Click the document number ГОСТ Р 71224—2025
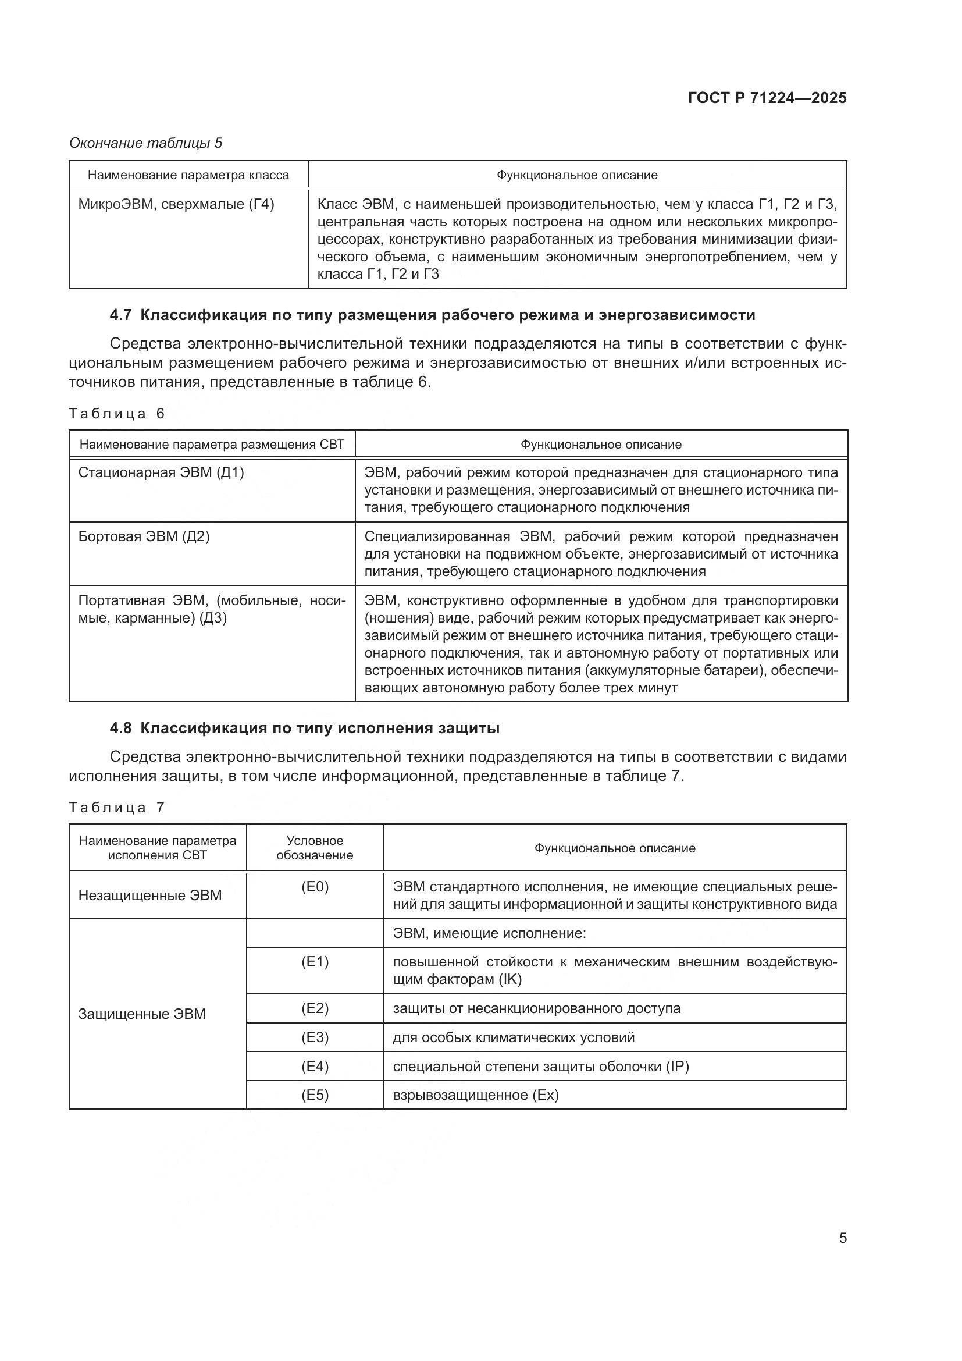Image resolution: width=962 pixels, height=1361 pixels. click(x=767, y=98)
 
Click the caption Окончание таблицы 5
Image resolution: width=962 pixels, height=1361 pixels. click(x=146, y=144)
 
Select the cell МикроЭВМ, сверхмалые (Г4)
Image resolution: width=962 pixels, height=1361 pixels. click(x=177, y=204)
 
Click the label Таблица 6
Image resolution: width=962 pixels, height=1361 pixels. click(x=117, y=414)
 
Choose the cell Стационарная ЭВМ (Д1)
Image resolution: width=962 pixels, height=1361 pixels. click(x=161, y=472)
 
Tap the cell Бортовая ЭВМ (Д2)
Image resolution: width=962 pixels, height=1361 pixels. click(x=144, y=536)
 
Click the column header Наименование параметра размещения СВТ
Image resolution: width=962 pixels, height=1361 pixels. click(x=212, y=445)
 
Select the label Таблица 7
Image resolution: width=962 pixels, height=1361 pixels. click(x=117, y=808)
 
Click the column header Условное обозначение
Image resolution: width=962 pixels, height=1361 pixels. click(x=315, y=848)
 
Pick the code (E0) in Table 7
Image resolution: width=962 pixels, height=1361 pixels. click(x=315, y=887)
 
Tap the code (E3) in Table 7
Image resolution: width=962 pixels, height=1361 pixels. click(x=315, y=1037)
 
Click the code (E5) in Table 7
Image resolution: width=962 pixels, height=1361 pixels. click(x=315, y=1095)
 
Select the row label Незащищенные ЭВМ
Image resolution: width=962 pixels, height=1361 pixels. click(x=150, y=895)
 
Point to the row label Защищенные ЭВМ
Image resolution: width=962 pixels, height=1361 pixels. click(x=142, y=1014)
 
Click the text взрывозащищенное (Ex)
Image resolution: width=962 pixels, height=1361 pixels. click(x=476, y=1095)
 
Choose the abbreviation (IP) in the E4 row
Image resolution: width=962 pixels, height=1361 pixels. click(x=677, y=1067)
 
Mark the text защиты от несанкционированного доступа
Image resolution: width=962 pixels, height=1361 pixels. click(x=537, y=1008)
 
